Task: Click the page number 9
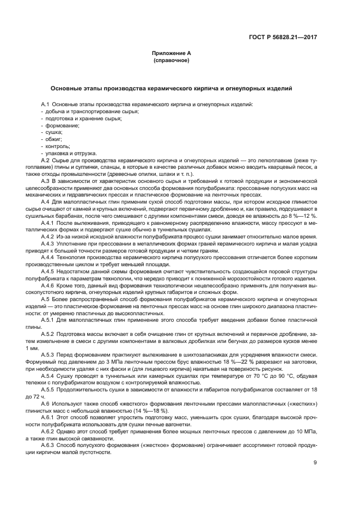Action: coord(315,463)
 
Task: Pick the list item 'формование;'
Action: coord(62,125)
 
